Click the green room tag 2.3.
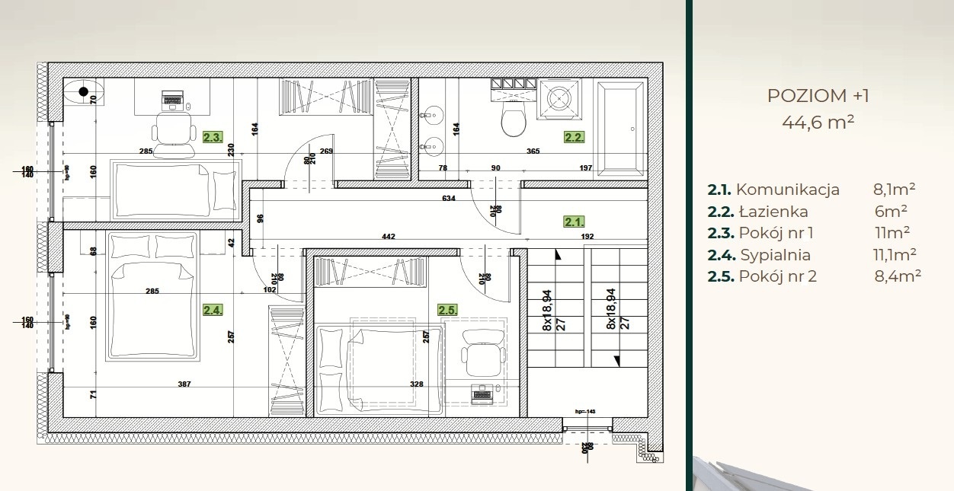point(213,138)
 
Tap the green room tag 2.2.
point(574,138)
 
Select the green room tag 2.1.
point(574,222)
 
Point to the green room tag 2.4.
point(213,310)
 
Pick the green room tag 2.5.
point(447,310)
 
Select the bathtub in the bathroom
point(622,129)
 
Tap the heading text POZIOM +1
point(818,96)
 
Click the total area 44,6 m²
point(818,121)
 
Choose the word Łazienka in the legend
point(773,212)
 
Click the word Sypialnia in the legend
point(775,255)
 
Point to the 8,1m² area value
point(894,190)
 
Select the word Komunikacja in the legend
point(788,190)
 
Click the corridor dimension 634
point(448,199)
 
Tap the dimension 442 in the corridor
point(388,237)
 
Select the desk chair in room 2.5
point(483,355)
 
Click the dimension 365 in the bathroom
point(533,151)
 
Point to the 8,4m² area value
point(898,276)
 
